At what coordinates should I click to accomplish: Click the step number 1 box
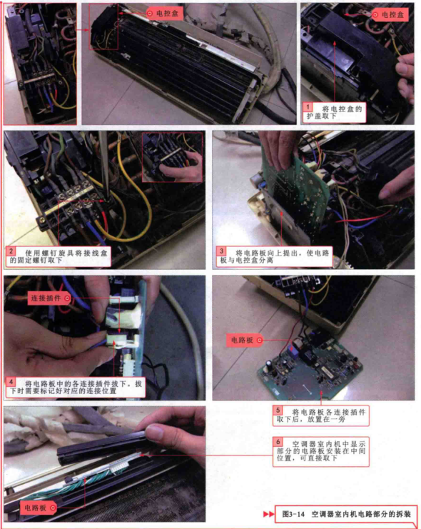pos(308,107)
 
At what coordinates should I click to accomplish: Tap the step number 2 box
pos(11,251)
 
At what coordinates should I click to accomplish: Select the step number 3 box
pos(221,251)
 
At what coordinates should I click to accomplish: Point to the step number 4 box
pos(11,382)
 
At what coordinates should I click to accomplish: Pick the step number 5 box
pos(278,410)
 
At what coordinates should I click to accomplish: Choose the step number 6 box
pos(278,442)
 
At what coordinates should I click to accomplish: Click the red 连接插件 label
pos(49,298)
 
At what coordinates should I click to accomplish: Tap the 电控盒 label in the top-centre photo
pos(165,14)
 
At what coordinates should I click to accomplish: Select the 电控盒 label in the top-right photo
pos(390,15)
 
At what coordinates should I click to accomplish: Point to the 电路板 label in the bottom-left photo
pos(39,508)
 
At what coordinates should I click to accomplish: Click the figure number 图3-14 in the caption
pos(293,514)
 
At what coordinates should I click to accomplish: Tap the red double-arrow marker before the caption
pos(268,514)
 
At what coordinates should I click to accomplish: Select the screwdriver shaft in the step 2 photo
pos(105,166)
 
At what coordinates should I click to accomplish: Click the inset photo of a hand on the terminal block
pos(172,157)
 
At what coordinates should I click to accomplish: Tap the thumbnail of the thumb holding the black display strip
pos(156,432)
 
